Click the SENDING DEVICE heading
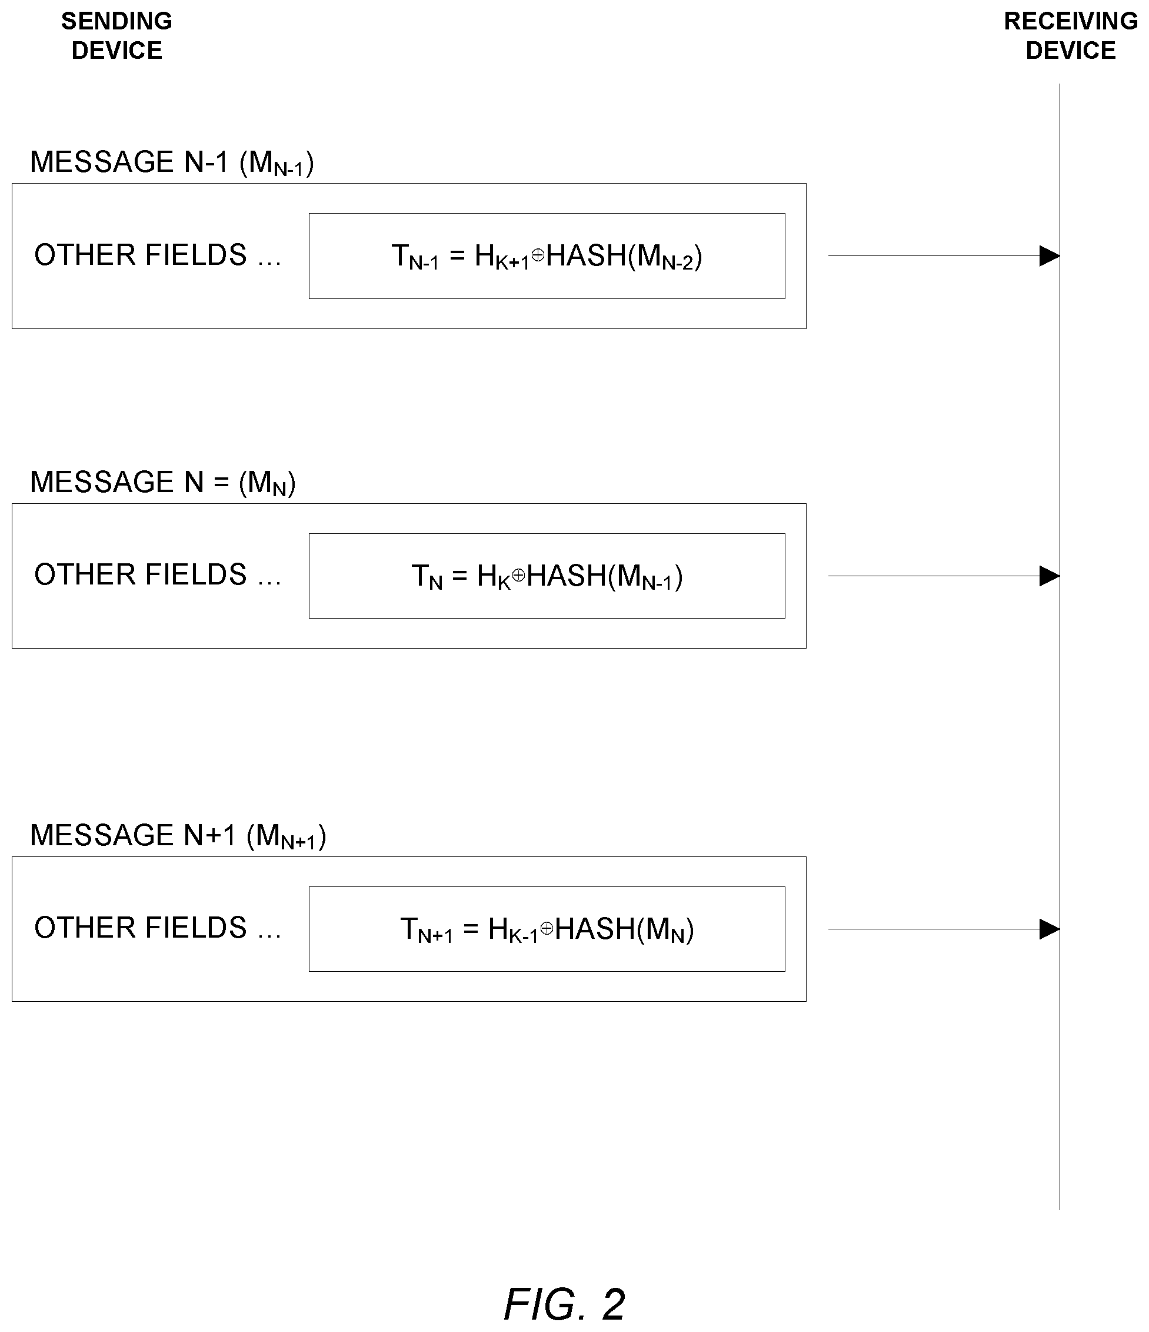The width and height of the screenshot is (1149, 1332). tap(116, 35)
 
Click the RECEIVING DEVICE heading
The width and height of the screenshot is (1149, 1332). tap(1071, 35)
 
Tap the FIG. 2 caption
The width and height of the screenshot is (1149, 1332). tap(564, 1304)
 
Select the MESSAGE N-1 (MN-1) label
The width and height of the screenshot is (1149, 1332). tap(172, 162)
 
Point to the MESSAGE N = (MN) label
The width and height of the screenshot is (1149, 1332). tap(162, 482)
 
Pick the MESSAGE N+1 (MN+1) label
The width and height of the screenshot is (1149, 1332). tap(178, 836)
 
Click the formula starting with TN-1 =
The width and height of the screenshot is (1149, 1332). tap(547, 257)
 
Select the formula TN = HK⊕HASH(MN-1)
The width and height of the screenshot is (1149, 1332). tap(547, 577)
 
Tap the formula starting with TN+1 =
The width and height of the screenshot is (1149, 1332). tap(547, 929)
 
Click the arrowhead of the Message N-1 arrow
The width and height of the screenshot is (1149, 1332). tap(1050, 256)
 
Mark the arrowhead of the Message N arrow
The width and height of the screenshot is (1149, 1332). tap(1050, 576)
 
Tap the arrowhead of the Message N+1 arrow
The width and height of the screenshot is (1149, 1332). tap(1050, 929)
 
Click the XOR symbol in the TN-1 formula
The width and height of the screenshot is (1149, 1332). tap(538, 255)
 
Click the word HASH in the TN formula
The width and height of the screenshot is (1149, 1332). tap(566, 576)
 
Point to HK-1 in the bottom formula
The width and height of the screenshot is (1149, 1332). tap(513, 930)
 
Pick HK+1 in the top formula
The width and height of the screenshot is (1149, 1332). tap(502, 257)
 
